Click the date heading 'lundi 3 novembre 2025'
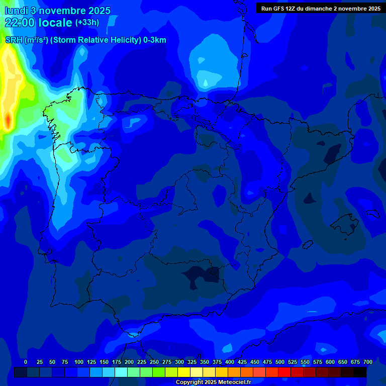[57, 11]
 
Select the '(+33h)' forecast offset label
[87, 23]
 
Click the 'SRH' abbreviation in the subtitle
[14, 40]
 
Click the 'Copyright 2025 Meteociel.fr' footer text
[213, 382]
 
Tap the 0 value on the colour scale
[26, 362]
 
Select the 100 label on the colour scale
[79, 362]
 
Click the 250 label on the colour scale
[154, 362]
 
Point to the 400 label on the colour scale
[230, 362]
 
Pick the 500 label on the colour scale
[280, 362]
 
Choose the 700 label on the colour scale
[368, 362]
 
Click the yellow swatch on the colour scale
[184, 372]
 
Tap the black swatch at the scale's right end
[360, 372]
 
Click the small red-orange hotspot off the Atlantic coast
[8, 121]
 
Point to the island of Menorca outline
[372, 214]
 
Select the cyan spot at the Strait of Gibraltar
[133, 334]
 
